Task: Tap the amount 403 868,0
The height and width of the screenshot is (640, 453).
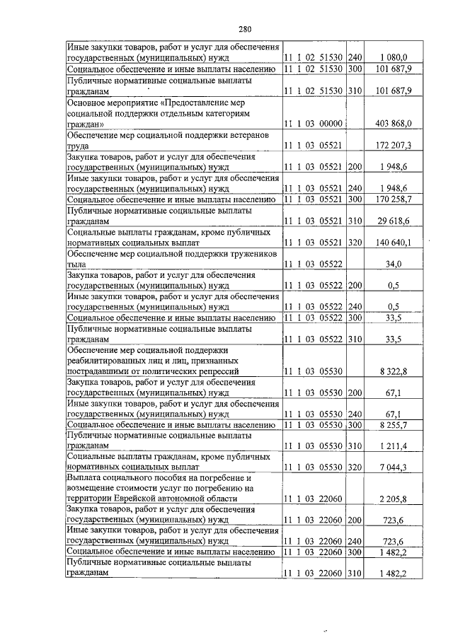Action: (x=389, y=123)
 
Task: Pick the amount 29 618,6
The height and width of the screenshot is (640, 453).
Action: (x=391, y=221)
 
